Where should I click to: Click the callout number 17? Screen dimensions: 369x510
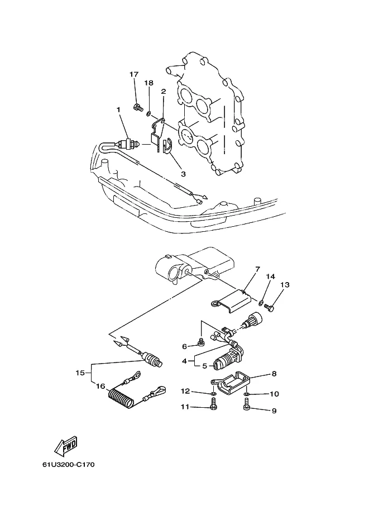(134, 74)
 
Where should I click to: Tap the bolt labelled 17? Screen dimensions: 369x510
(138, 107)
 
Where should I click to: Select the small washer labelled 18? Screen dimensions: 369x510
(148, 113)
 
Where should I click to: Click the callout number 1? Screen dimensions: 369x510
(118, 110)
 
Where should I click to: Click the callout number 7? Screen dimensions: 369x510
(257, 269)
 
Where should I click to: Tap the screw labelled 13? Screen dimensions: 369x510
(270, 307)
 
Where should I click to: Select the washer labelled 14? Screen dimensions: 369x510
(261, 303)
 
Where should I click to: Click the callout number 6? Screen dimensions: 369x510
(184, 347)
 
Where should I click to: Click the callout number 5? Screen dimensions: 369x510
(204, 366)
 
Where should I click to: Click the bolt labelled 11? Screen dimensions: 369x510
(214, 406)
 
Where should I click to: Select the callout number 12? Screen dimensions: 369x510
(185, 391)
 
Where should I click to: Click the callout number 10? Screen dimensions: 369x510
(275, 394)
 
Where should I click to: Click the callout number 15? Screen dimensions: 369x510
(80, 373)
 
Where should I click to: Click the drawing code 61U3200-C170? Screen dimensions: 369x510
(68, 464)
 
